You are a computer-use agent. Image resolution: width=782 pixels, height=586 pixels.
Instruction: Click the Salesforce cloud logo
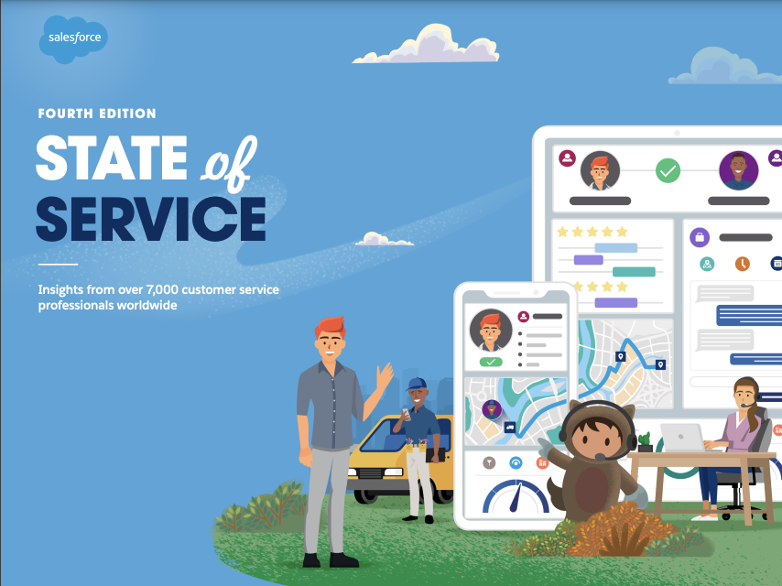[x=73, y=38]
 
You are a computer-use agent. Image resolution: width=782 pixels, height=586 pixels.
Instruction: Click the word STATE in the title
[x=111, y=157]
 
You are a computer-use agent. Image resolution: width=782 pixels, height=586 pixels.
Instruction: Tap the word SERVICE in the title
[x=150, y=219]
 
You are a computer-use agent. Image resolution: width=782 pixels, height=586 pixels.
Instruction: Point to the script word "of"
[x=229, y=162]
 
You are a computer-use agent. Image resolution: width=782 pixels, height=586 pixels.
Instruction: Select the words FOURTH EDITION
[x=97, y=114]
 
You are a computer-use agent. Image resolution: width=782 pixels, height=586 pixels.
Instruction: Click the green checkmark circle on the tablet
[x=668, y=170]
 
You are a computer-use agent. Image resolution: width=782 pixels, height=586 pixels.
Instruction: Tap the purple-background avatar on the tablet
[x=739, y=170]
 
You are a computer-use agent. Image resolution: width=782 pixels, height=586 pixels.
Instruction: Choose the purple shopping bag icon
[x=700, y=237]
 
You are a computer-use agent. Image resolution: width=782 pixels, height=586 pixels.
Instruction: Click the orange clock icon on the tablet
[x=743, y=263]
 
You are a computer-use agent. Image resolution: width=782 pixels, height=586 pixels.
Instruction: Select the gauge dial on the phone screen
[x=516, y=495]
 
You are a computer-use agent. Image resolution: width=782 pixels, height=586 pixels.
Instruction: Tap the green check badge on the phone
[x=491, y=362]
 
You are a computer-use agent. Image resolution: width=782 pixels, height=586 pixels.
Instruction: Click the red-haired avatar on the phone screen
[x=491, y=331]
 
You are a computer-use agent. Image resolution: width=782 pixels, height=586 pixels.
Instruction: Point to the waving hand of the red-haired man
[x=385, y=375]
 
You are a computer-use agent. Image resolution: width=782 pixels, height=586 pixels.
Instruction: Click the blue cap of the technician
[x=417, y=384]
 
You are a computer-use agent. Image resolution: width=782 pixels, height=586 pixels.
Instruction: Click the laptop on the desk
[x=683, y=438]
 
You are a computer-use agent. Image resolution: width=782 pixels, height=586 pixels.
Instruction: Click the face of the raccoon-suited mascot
[x=596, y=439]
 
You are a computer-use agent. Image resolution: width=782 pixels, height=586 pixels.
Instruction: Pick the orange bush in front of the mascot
[x=618, y=530]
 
